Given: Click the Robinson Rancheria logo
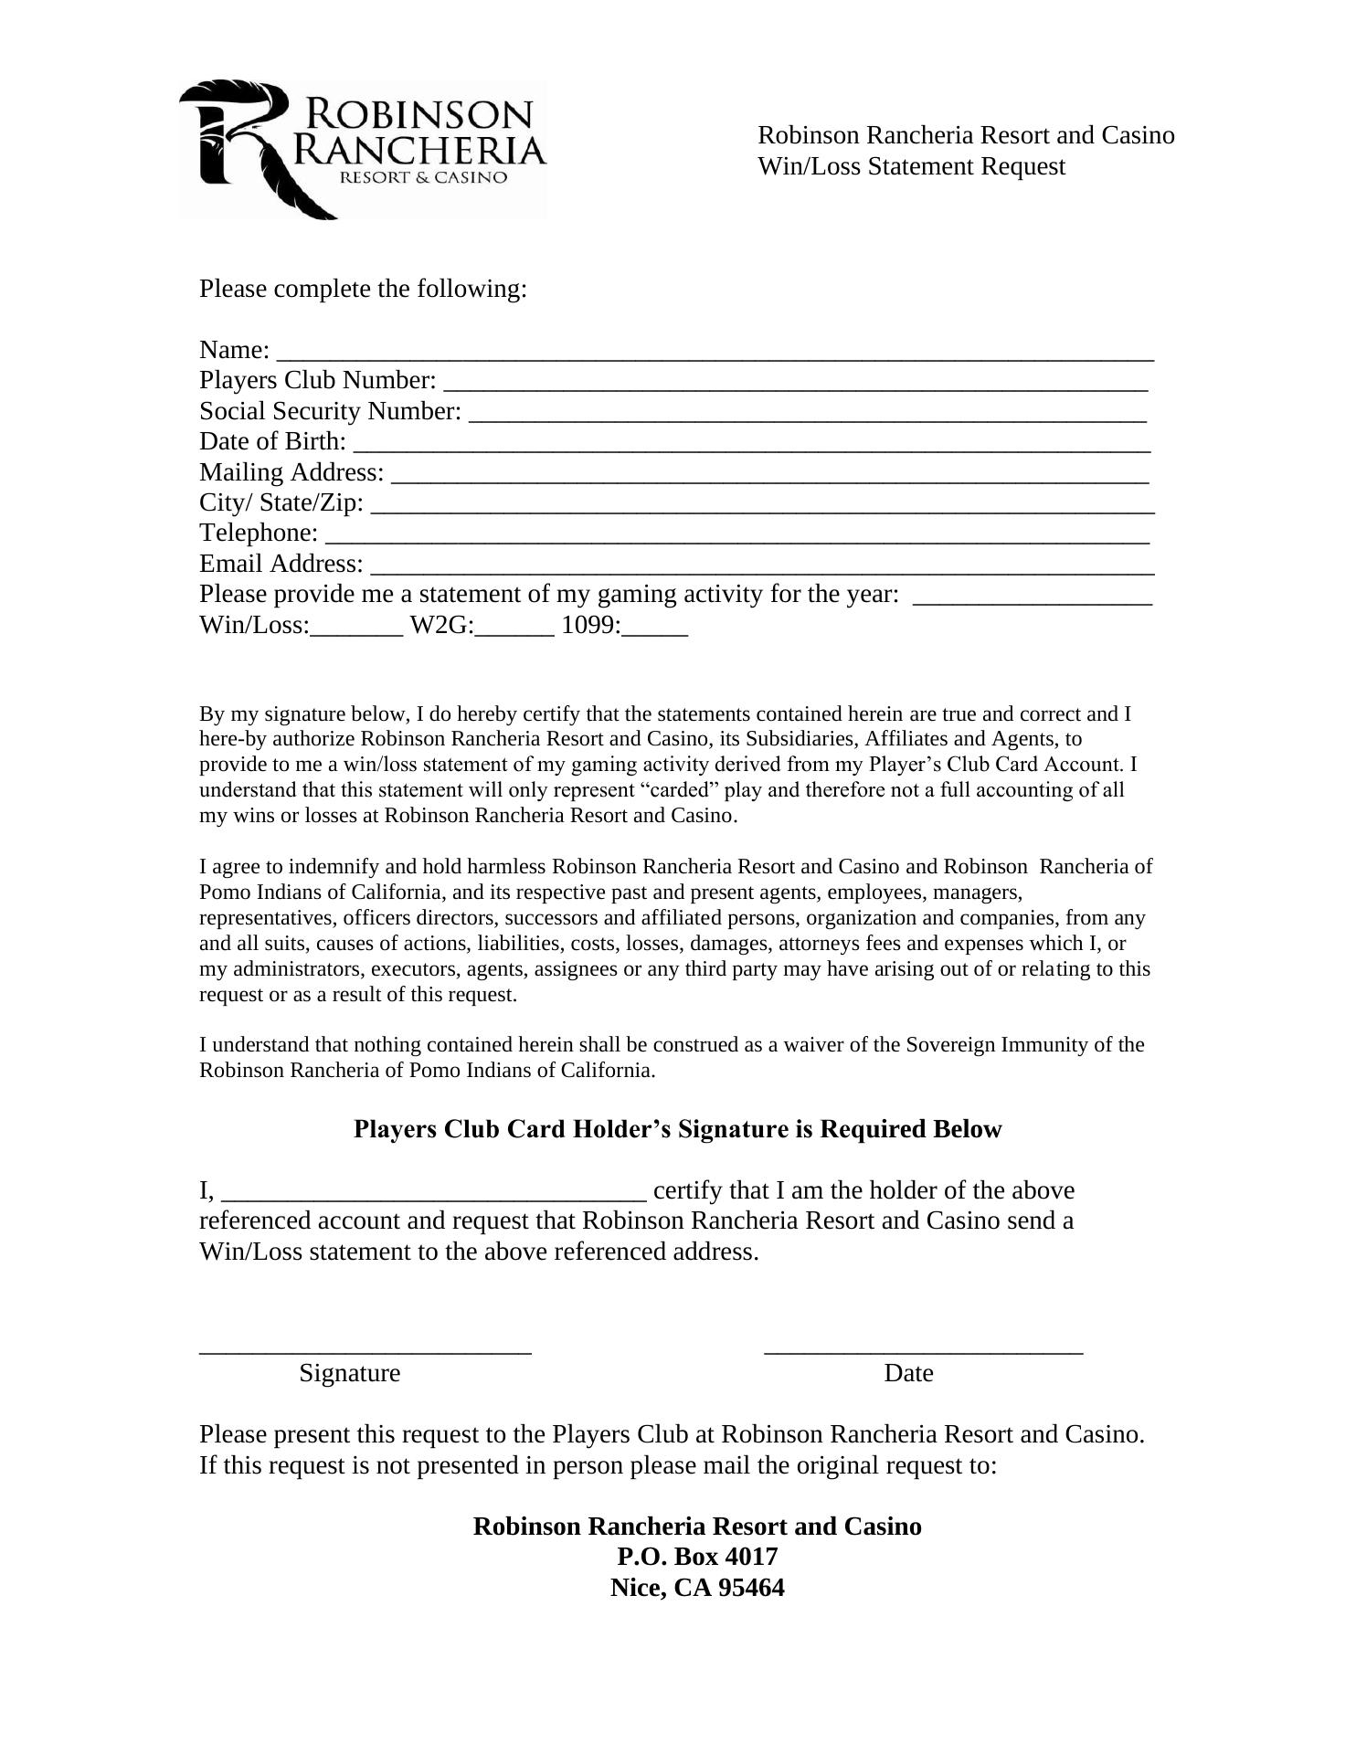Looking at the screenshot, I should point(363,150).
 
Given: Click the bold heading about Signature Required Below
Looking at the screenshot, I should point(677,1130).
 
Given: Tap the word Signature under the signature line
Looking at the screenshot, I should point(350,1373).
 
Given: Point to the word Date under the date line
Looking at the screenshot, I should point(908,1373).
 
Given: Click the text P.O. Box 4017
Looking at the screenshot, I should point(697,1557).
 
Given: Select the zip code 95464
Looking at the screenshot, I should point(751,1588).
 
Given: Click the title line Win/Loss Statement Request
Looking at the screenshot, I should point(911,167).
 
